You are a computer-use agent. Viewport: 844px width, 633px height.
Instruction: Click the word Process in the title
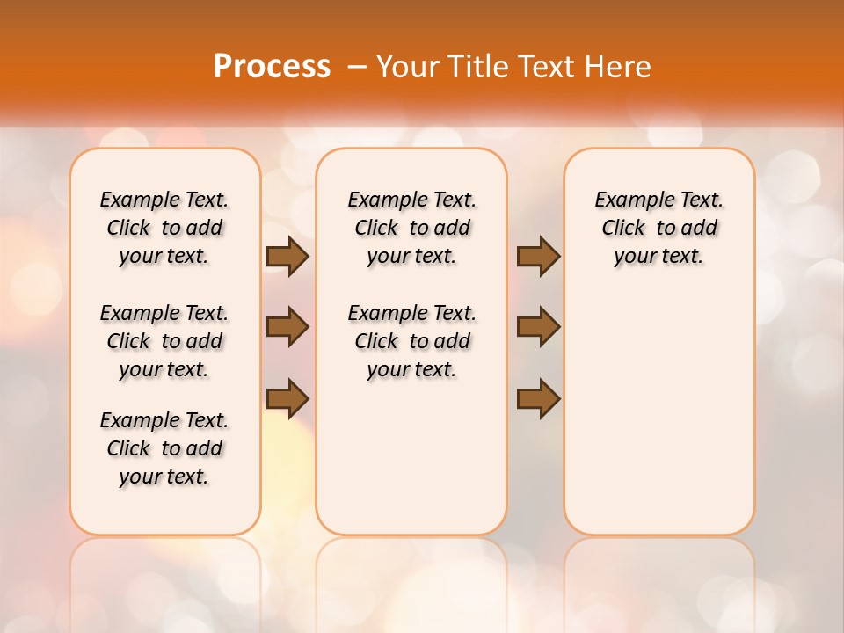(272, 67)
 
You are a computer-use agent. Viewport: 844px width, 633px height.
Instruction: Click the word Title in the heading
(473, 67)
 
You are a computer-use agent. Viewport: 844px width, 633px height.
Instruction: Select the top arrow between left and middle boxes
(287, 257)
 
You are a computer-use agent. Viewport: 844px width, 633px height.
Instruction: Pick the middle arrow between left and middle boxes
(287, 327)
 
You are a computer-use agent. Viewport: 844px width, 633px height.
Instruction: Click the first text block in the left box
(164, 228)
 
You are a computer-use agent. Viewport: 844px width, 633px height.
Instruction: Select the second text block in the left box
(164, 341)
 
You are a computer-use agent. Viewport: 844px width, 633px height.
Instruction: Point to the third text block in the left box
(164, 448)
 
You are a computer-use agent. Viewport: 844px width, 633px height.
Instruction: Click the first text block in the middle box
(411, 228)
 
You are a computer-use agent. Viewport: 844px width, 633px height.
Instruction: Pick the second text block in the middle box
(411, 341)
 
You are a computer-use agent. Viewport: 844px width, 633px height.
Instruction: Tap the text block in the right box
(659, 228)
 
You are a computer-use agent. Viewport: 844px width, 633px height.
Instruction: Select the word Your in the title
(407, 67)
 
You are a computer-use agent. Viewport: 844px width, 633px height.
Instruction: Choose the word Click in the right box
(624, 229)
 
